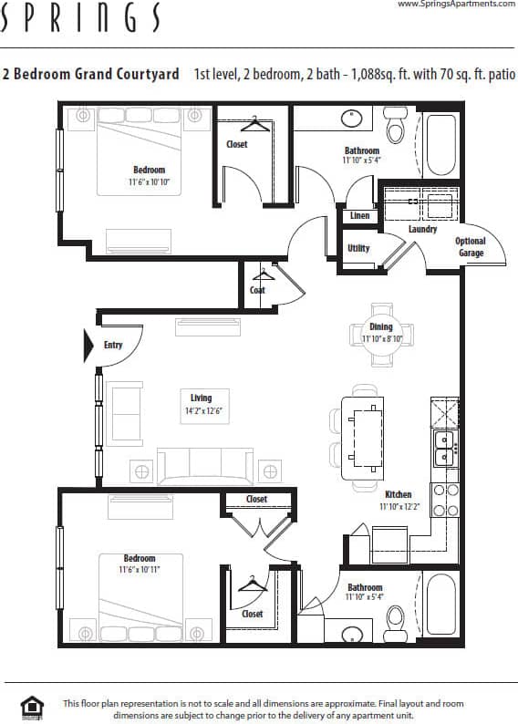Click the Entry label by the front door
pos(113,345)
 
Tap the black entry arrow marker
pos(89,346)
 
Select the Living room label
pos(201,398)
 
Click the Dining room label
pos(380,326)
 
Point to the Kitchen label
pos(399,494)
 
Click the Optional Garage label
pos(471,246)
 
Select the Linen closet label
pos(359,216)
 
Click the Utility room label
pos(358,248)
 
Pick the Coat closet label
pos(258,290)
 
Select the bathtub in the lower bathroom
pos(442,605)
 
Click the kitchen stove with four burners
pos(444,501)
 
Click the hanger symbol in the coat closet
pos(264,274)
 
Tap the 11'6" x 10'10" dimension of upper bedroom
pos(149,182)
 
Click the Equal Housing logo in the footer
pos(32,708)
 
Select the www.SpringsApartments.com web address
pos(456,5)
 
